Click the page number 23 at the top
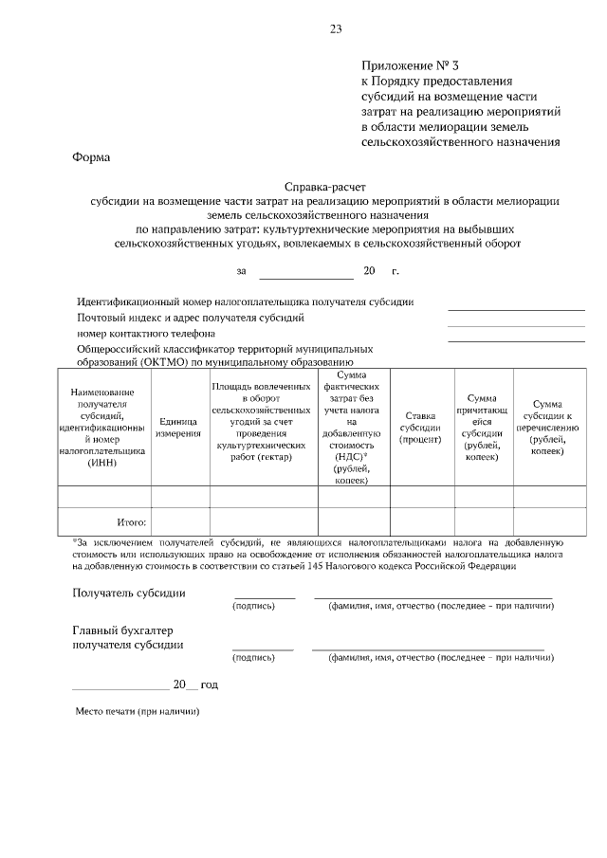[335, 28]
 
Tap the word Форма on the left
[92, 157]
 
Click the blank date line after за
[305, 272]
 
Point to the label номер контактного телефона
[146, 333]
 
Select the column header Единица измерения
[178, 427]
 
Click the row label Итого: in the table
[131, 521]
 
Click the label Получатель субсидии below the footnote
[129, 593]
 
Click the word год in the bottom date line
[209, 684]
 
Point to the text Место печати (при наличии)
[138, 710]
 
